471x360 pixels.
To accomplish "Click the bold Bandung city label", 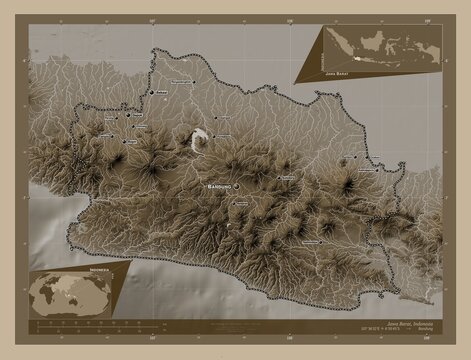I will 218,187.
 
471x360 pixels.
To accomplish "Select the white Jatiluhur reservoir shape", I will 200,140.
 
